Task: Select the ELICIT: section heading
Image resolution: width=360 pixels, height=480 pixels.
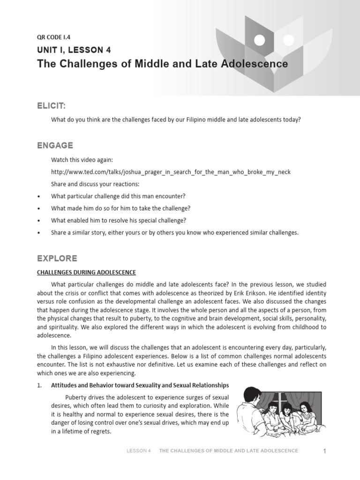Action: (55, 107)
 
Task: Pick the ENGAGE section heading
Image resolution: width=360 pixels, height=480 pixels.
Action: (55, 146)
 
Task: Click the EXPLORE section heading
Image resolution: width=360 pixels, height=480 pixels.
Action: (57, 258)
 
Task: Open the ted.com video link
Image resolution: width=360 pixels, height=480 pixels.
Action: (171, 172)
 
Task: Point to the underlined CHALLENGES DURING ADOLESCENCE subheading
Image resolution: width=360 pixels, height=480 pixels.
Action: (87, 272)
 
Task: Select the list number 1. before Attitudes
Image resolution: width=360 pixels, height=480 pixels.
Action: (40, 385)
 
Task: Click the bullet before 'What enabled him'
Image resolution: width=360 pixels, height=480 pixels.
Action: (38, 221)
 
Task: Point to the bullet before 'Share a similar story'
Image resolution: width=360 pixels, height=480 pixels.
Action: (38, 233)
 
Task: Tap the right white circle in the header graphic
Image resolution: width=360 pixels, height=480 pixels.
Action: (288, 39)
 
